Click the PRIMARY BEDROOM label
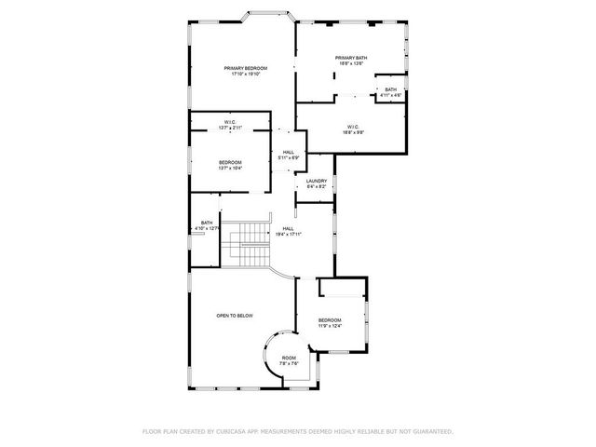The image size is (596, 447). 246,68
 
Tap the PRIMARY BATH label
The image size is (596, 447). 351,58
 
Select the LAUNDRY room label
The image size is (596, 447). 316,182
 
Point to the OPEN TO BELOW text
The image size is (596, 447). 235,316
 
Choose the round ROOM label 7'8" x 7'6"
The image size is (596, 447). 289,358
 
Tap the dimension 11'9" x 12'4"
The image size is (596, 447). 330,326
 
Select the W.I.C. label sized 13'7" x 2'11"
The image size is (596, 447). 229,128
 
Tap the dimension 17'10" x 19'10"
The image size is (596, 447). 246,74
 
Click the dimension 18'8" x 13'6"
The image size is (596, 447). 351,64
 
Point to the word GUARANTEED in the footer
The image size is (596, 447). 432,431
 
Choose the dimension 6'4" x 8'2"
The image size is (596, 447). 316,187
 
